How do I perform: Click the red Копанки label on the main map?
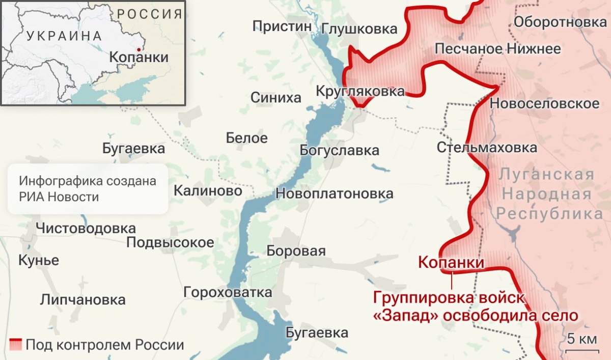[451, 263]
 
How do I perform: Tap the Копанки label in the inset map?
[138, 57]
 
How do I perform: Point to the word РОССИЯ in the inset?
[149, 14]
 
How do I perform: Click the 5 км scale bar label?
[581, 339]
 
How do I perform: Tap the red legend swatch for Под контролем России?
[15, 345]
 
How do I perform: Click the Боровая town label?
[296, 251]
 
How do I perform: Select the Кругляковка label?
[360, 92]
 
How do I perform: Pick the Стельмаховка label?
[487, 148]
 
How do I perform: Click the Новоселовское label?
[544, 104]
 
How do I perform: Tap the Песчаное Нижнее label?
[497, 49]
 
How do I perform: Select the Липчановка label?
[82, 299]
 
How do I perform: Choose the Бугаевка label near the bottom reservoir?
[317, 333]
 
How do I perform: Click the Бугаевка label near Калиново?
[133, 149]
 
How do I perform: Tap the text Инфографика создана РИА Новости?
[88, 189]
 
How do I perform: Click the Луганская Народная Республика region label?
[546, 194]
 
